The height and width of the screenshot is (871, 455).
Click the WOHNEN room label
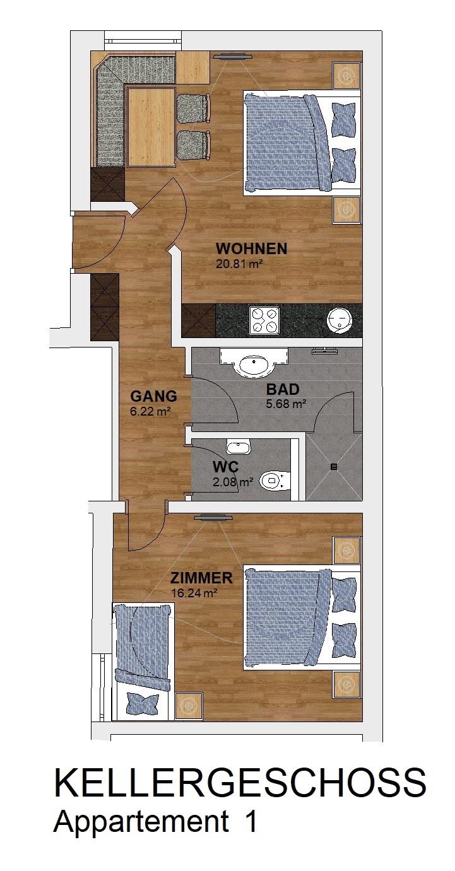(251, 248)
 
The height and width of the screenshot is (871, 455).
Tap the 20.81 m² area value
(237, 264)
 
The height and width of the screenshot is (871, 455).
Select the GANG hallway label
(153, 396)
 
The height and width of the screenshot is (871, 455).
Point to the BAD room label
(283, 389)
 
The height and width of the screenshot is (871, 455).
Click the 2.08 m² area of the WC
(233, 482)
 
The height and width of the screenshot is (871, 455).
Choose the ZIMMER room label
(201, 578)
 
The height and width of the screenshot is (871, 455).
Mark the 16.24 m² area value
(194, 593)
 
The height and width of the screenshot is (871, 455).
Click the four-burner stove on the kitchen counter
(264, 319)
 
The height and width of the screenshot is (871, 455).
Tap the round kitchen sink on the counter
(340, 320)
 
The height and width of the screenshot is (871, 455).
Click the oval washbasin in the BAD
(254, 363)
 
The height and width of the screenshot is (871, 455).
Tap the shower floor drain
(334, 467)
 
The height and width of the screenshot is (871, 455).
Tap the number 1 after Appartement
(251, 819)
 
